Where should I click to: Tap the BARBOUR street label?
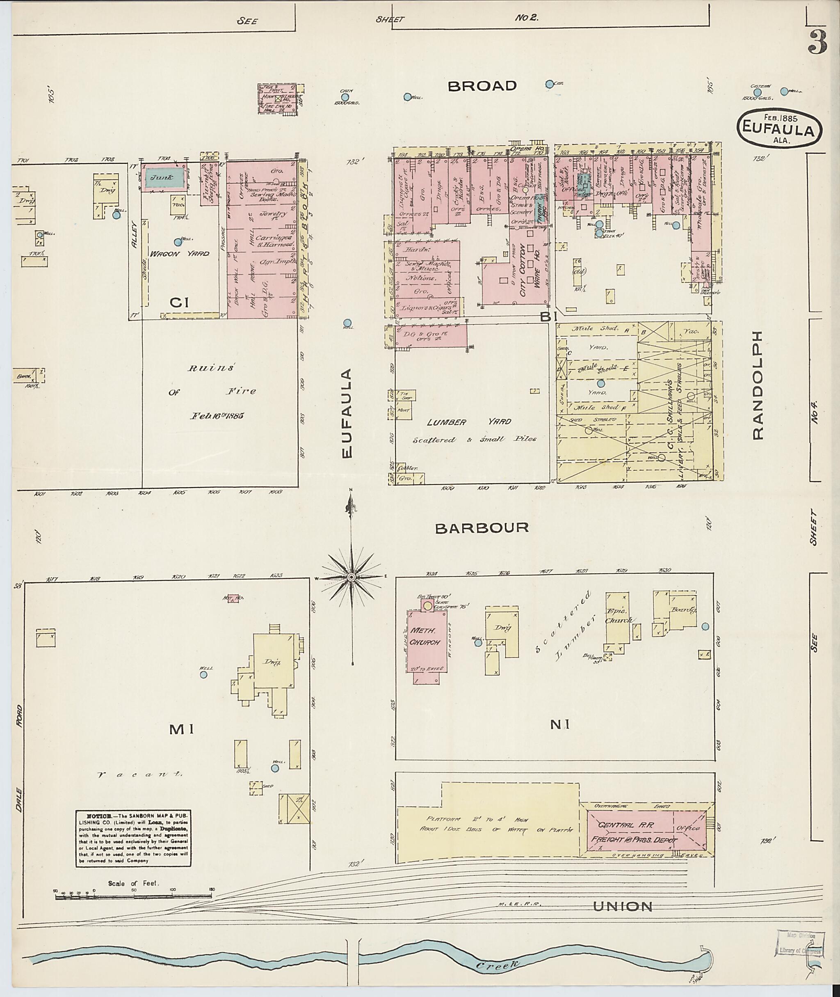coord(482,527)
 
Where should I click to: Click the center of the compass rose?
coord(351,577)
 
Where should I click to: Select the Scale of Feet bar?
coord(134,897)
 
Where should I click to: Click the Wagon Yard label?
coord(180,254)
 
